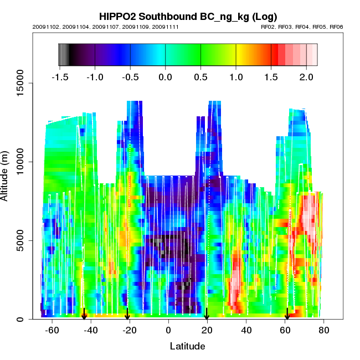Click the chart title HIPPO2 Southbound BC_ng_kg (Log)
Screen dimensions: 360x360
(188, 16)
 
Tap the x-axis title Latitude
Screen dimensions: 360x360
(187, 347)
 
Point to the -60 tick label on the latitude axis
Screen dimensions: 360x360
(52, 331)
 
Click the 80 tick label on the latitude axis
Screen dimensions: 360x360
(324, 331)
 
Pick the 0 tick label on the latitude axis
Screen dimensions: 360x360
(168, 331)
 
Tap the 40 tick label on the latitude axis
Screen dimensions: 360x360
(246, 331)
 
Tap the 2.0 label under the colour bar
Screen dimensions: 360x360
(306, 76)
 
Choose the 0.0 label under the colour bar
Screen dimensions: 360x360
(166, 76)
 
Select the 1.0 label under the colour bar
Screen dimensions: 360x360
(236, 76)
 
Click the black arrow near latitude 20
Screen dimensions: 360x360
(207, 314)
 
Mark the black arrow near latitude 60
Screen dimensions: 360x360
(287, 314)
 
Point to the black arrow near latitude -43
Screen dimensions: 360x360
(84, 314)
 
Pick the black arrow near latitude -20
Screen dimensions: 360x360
(128, 314)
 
